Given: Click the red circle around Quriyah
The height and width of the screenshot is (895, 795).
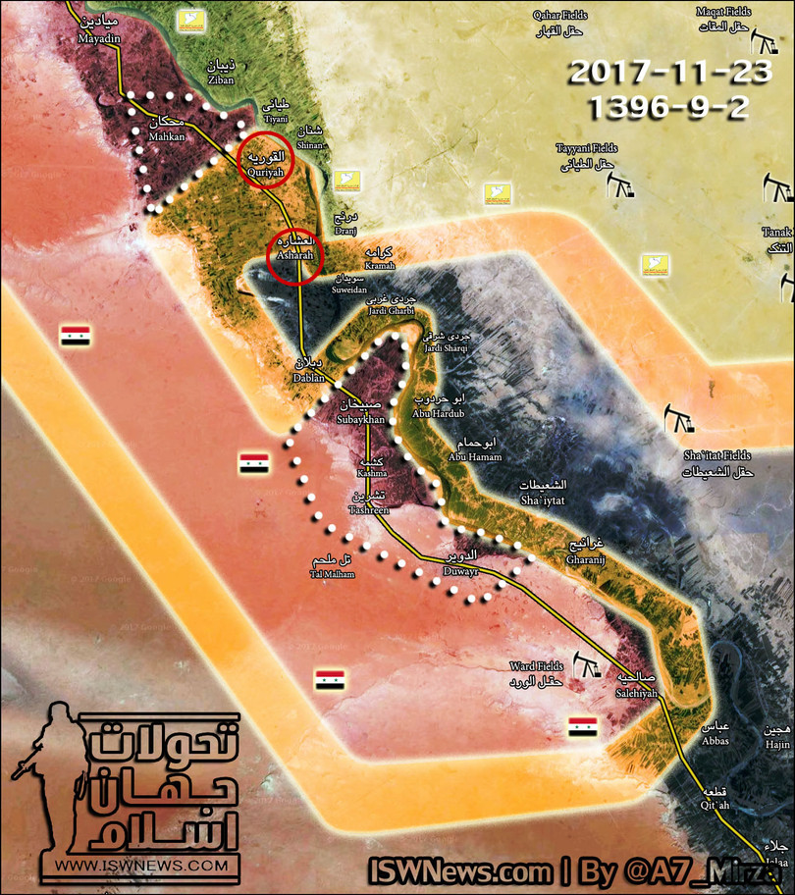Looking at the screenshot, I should [266, 159].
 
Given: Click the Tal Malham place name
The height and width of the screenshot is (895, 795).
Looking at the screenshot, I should [329, 567].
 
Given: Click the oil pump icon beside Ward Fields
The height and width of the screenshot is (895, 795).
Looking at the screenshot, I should [588, 666].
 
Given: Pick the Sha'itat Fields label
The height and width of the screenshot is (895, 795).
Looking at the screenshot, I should [717, 463].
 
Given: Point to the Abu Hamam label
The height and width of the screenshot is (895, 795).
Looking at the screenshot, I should [474, 449].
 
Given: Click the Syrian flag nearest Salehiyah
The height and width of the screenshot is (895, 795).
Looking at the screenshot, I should [582, 726].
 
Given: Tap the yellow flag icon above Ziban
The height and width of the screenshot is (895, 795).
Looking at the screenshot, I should [190, 21].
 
